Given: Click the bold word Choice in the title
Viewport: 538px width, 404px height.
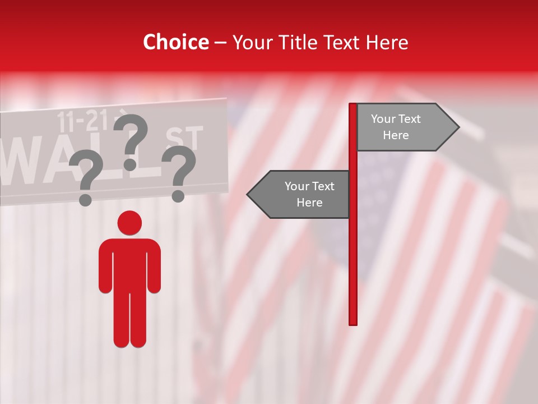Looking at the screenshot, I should pos(175,43).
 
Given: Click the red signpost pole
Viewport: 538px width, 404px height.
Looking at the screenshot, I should pos(353,252).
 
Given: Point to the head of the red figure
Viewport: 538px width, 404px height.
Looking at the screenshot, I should pos(130,223).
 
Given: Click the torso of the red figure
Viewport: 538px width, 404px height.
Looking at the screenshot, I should pos(130,264).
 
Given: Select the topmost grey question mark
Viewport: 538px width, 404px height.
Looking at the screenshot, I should pos(131,140).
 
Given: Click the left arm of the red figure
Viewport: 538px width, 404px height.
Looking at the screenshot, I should pos(105,269).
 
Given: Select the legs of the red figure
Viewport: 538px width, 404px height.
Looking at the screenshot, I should pos(130,320).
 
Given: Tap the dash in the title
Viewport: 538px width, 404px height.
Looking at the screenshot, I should pos(220,43).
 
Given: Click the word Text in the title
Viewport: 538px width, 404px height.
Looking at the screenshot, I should pos(341,43).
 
